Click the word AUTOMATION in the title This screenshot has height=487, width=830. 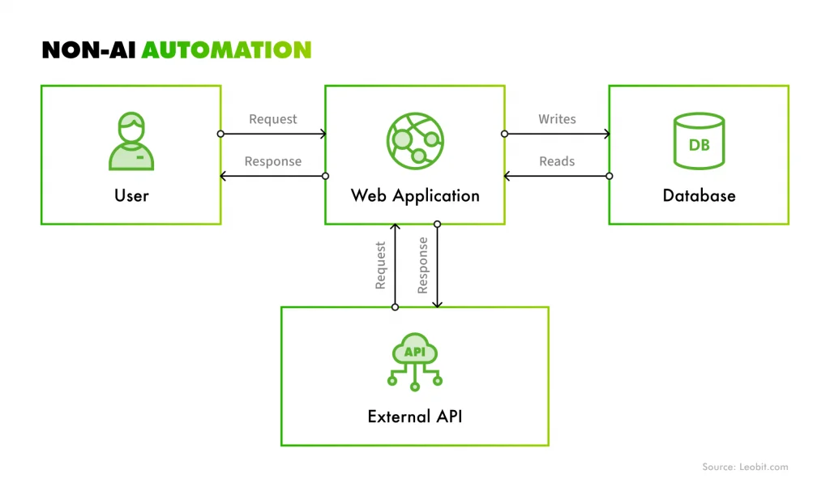pos(226,50)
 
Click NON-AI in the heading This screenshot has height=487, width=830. pos(89,50)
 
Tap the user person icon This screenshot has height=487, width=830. pos(130,142)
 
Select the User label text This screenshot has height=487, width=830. pos(130,195)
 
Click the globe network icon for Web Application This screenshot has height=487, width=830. pos(415,140)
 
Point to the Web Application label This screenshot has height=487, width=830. pos(415,195)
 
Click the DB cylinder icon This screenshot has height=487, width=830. pos(699,142)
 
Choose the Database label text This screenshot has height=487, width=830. pos(699,195)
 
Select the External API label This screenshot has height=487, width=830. pos(415,417)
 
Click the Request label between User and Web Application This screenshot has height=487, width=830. pos(273,119)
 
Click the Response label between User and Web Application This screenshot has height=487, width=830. pos(273,161)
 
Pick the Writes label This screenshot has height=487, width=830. pos(557,119)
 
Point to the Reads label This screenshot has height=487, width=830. pos(557,161)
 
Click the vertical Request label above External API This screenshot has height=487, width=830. pos(380,265)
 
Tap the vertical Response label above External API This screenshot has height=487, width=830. pos(422,265)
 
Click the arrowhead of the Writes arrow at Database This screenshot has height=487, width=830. pos(605,134)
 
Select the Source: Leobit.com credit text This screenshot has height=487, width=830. pos(744,467)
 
